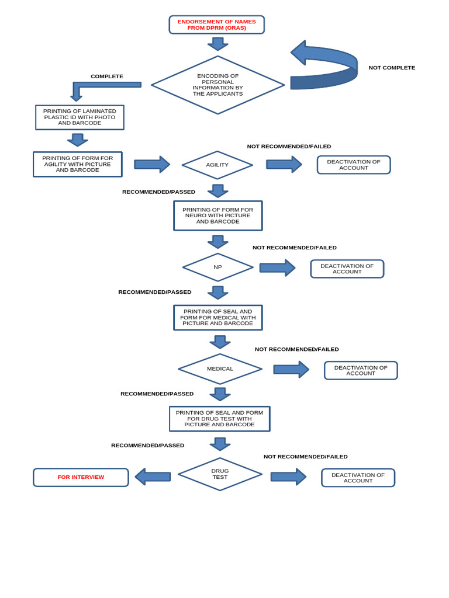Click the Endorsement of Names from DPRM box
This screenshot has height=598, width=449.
(216, 25)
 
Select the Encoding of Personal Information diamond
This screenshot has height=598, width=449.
(217, 85)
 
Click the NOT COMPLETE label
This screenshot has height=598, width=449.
(392, 68)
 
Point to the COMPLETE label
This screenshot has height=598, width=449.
(107, 77)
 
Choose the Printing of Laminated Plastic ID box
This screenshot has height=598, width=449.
(80, 117)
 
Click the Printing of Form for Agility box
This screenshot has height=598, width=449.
(78, 164)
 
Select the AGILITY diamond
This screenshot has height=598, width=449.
(217, 165)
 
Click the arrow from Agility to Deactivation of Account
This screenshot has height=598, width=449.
(284, 164)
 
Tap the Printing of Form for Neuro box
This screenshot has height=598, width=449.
(217, 215)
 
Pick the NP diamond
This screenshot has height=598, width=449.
(217, 267)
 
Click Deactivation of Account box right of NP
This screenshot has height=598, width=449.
(347, 269)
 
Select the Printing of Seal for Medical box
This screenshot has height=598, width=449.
(217, 318)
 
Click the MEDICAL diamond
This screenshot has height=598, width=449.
(220, 368)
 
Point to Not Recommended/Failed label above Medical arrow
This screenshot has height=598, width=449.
(296, 349)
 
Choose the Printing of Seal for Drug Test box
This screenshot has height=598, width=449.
(219, 419)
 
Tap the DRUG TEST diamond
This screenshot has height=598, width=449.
(220, 474)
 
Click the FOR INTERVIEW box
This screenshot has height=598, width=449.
(81, 477)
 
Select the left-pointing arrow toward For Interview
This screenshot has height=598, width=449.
(153, 477)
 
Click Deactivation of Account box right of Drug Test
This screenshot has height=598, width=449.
(358, 478)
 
